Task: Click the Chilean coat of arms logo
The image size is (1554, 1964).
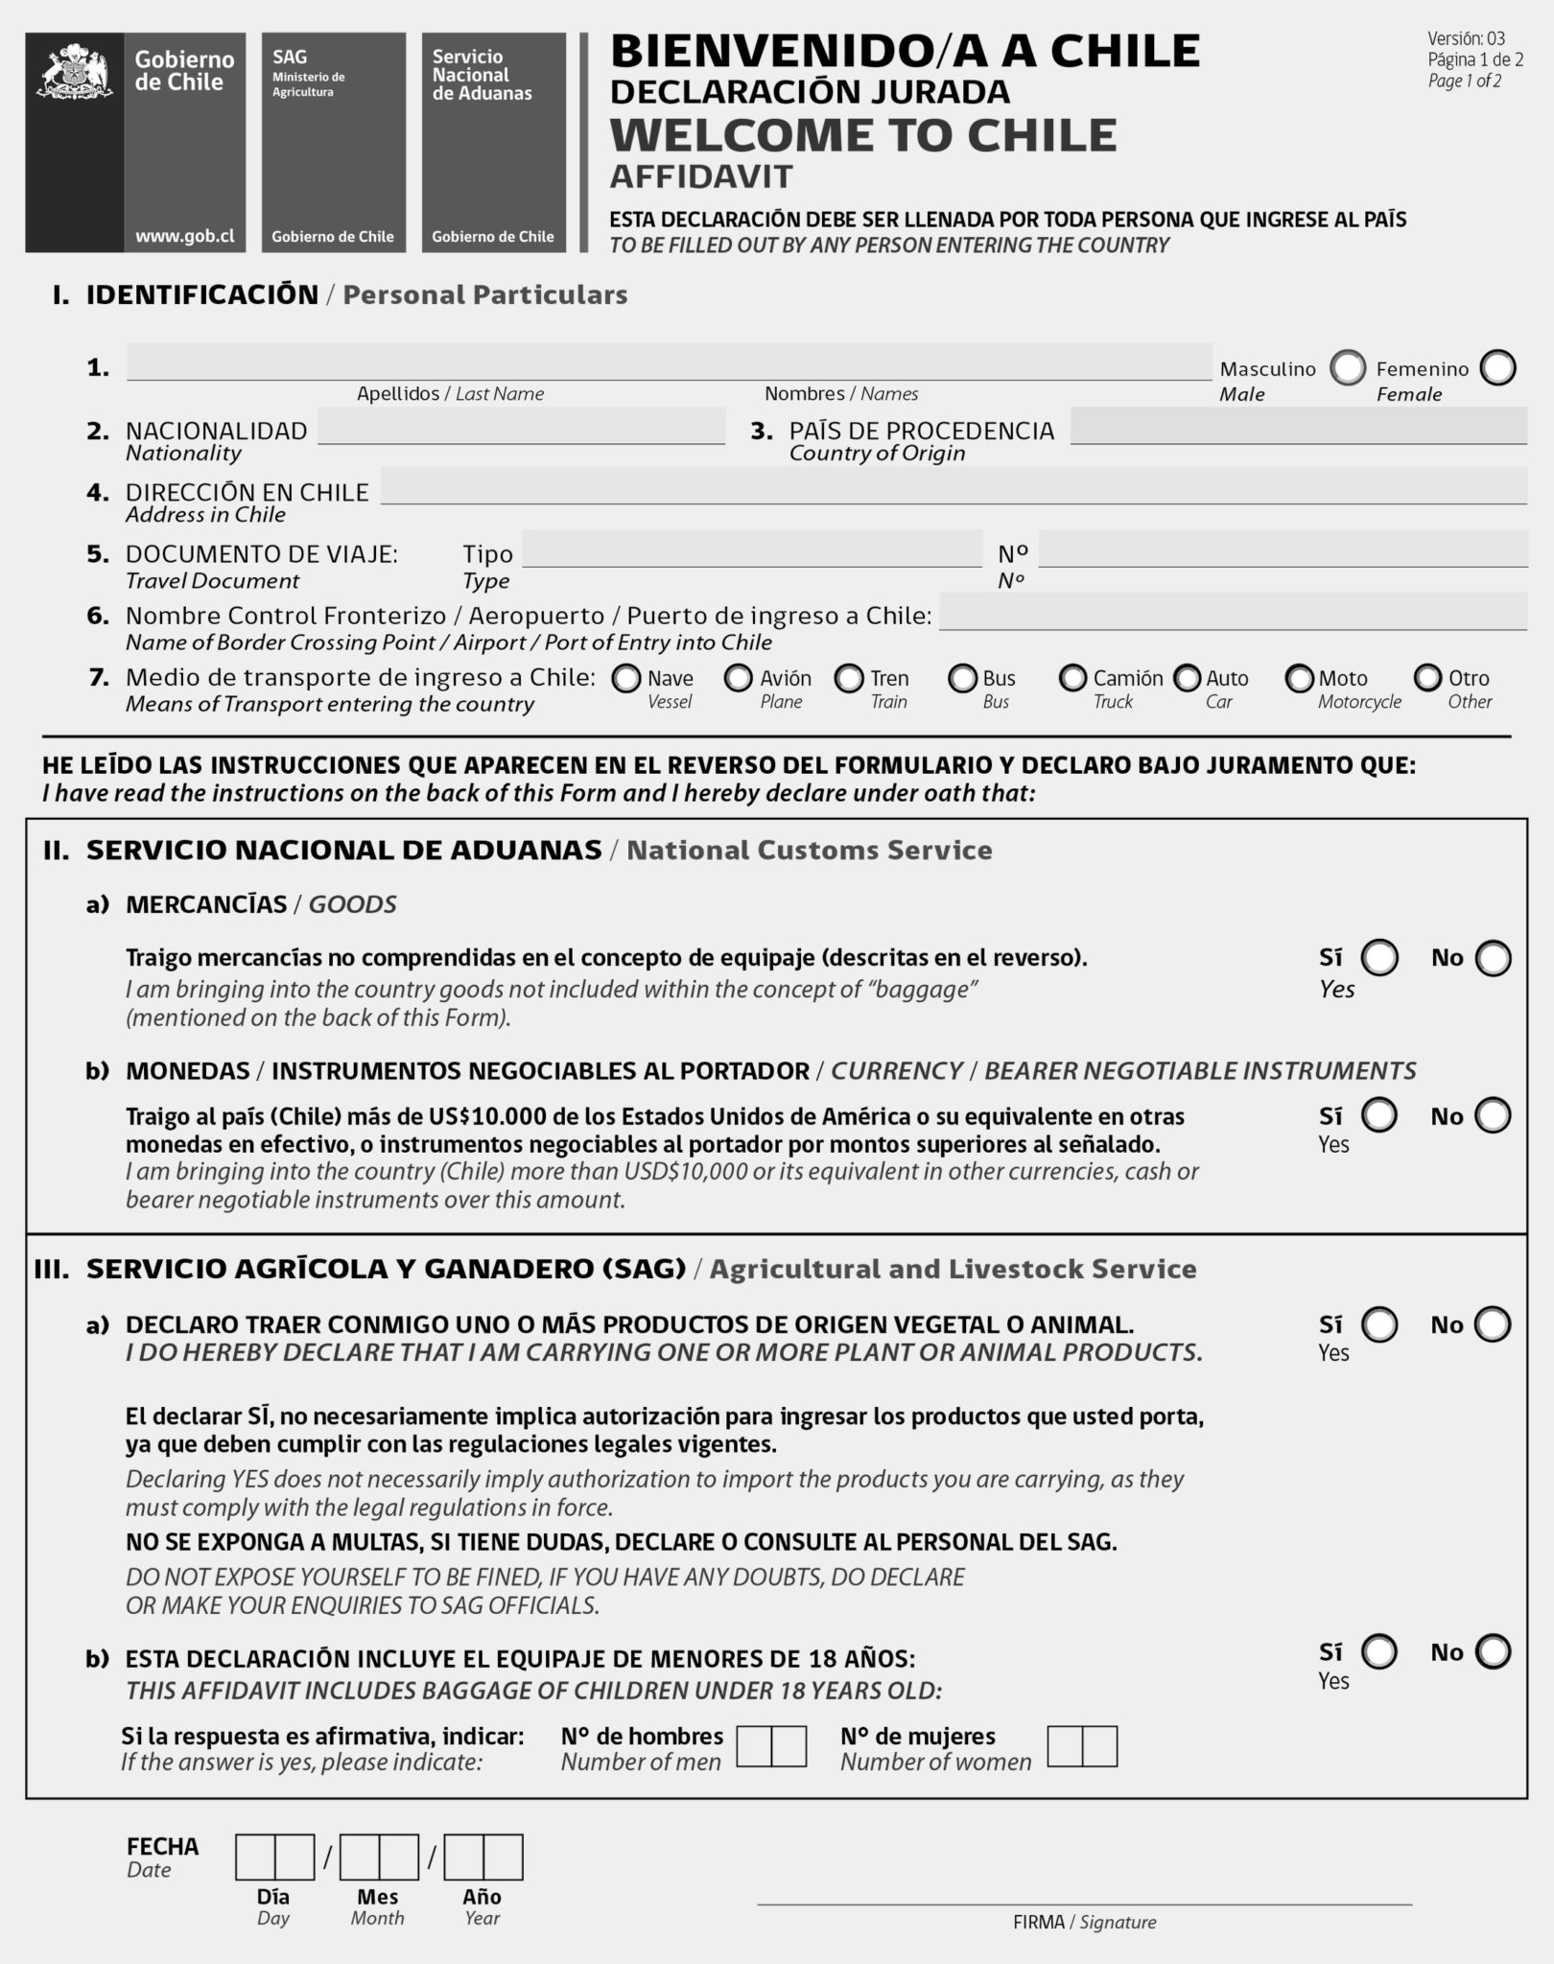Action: (x=74, y=72)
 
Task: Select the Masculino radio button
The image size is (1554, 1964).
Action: (x=1348, y=367)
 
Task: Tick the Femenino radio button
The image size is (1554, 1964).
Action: (x=1497, y=367)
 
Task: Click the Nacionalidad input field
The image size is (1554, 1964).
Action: (x=521, y=426)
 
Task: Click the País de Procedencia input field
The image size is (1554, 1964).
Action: (x=1298, y=426)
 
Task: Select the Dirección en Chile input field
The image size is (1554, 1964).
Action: (x=953, y=486)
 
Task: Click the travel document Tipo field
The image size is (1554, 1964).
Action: (x=751, y=549)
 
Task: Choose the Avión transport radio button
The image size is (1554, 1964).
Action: (x=738, y=679)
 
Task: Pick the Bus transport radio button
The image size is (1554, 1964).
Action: (x=962, y=679)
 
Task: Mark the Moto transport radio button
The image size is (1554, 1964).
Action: (x=1299, y=679)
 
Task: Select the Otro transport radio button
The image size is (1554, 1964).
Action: (x=1428, y=679)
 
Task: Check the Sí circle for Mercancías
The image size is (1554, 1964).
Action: (x=1379, y=958)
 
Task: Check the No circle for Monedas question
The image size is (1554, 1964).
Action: (x=1493, y=1116)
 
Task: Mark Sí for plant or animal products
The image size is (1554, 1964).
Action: (x=1379, y=1324)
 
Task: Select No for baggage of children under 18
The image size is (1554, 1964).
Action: (x=1493, y=1651)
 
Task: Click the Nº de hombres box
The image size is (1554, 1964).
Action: (x=771, y=1746)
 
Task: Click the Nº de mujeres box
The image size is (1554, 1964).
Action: (x=1082, y=1746)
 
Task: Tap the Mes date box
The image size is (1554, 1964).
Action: (x=379, y=1858)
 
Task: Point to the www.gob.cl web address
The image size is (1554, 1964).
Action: (x=184, y=236)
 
